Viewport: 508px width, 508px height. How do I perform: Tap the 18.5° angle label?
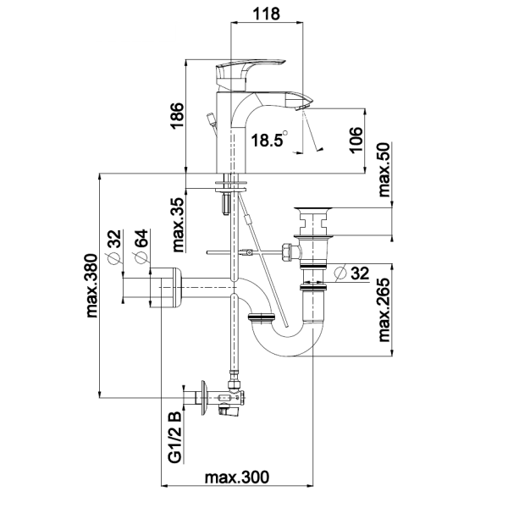click(270, 140)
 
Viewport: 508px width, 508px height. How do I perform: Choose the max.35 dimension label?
click(179, 226)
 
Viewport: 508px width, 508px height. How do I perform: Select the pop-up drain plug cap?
click(315, 209)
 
